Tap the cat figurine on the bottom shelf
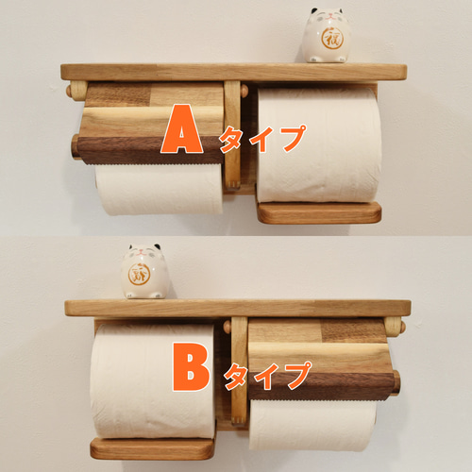point(146,272)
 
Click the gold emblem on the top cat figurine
point(332,41)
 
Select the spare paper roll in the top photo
point(318,143)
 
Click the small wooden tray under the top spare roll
point(319,211)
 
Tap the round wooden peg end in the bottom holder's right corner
point(398,328)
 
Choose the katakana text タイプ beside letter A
point(262,138)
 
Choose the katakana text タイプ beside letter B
point(266,375)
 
